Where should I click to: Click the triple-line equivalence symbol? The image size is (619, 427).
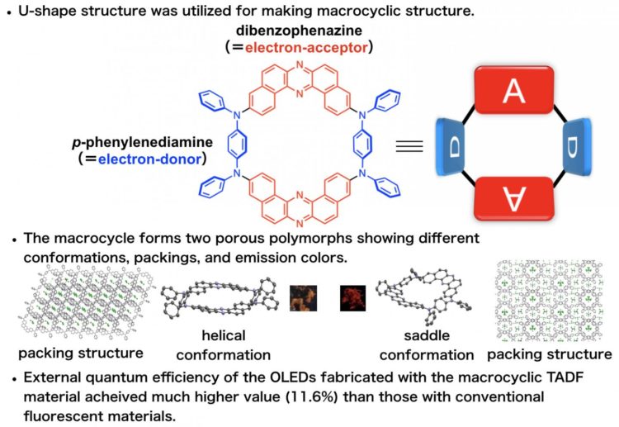(410, 148)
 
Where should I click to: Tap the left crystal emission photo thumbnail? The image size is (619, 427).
(303, 297)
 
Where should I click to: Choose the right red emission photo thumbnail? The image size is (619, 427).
(352, 297)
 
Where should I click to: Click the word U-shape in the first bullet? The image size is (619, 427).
(53, 11)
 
